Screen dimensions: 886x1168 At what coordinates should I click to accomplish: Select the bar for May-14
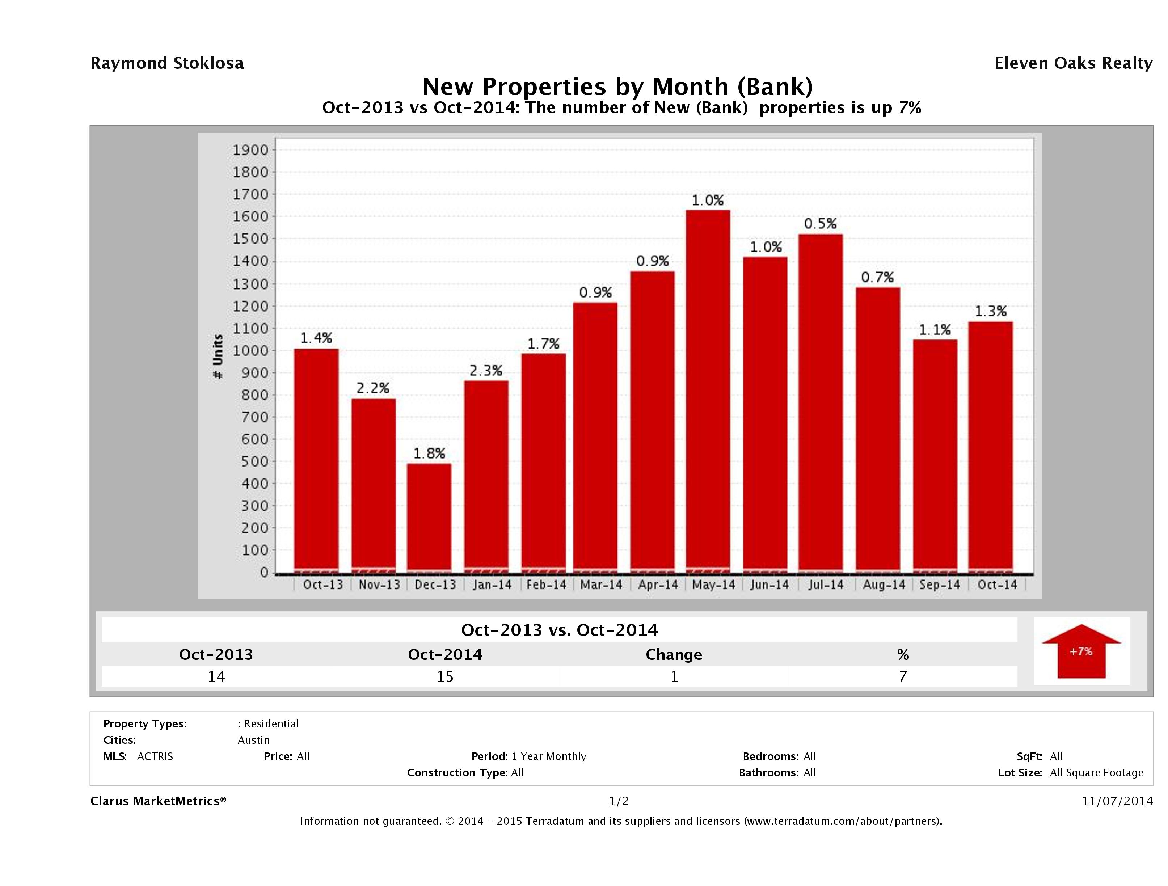click(708, 391)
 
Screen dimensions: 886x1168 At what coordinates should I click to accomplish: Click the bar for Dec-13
click(429, 518)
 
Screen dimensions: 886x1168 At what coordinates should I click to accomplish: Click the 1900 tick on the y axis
click(251, 150)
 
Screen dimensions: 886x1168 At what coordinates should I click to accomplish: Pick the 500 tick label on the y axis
click(251, 461)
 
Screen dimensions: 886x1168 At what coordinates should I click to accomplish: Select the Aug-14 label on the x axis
click(884, 585)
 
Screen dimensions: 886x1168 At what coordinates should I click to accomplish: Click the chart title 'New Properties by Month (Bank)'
click(618, 86)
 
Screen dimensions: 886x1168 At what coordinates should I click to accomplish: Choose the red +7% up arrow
click(1081, 651)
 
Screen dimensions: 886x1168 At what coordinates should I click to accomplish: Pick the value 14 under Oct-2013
click(216, 677)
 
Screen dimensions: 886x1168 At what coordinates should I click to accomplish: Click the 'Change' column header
click(674, 655)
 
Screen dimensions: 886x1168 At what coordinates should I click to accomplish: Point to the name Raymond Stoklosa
click(167, 63)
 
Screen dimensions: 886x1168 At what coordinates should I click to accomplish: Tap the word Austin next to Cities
click(253, 740)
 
